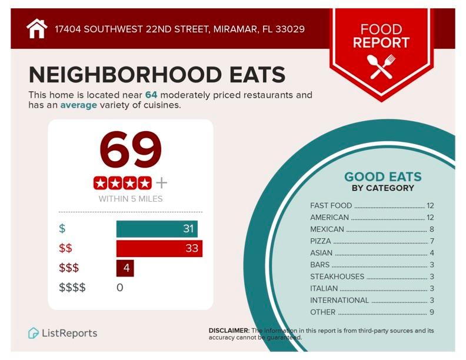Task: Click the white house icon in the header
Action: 36,28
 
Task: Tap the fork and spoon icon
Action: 381,66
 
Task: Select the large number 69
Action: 130,150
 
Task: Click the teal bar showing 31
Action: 157,229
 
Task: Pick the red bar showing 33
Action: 159,248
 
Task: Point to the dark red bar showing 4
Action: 125,268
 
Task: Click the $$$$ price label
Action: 72,288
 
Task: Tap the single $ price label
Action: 62,229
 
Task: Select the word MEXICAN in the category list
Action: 327,229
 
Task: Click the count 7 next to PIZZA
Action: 431,241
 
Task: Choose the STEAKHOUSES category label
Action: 337,276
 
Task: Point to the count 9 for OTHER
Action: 431,312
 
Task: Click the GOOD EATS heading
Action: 382,177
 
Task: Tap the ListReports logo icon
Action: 34,333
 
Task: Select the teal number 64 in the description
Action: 152,95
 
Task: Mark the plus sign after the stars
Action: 161,183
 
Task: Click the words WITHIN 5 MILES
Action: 130,199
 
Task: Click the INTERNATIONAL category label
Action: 339,300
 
